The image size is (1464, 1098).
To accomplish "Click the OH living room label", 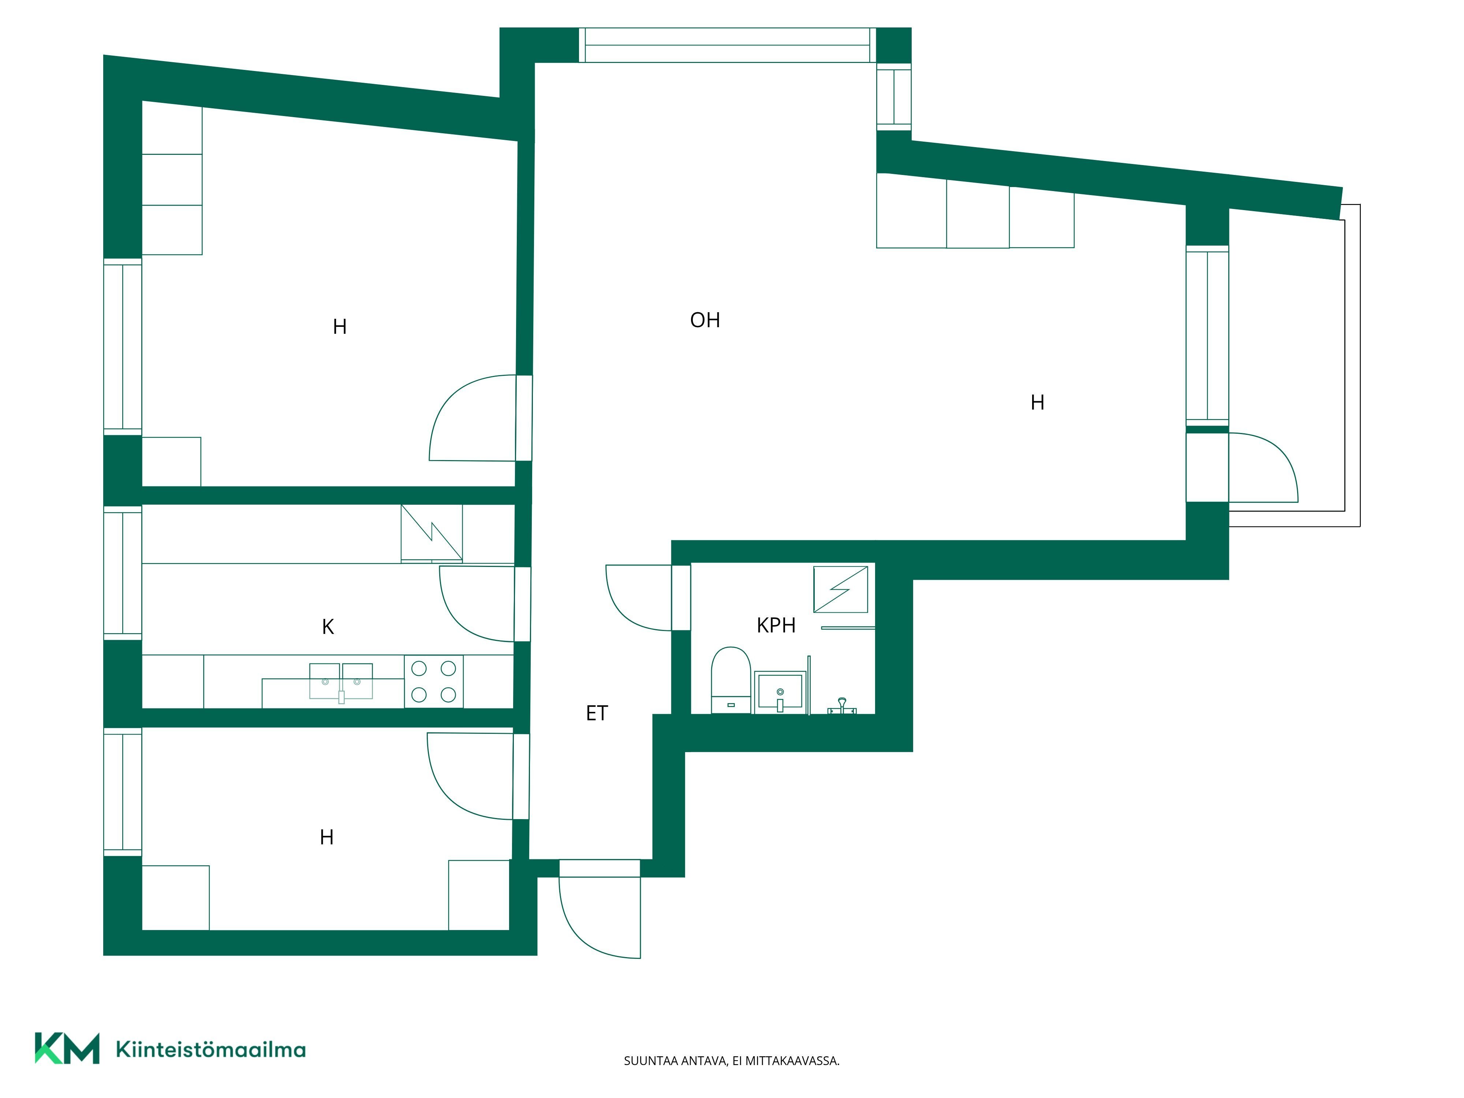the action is point(705,320).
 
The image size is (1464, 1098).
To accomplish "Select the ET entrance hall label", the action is point(597,713).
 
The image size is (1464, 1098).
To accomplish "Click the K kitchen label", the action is point(328,627).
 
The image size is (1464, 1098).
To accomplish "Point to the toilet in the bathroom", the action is point(731,680).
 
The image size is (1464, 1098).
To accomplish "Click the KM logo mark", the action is point(67,1048).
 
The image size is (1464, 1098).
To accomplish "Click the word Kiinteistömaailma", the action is point(210,1050).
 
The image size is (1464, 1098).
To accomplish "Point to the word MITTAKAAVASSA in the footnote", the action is point(793,1061).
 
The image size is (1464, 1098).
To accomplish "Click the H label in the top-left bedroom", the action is point(340,327).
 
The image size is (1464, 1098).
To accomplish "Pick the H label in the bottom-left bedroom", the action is point(326,837).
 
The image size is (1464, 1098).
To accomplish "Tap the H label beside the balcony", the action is point(1037,402).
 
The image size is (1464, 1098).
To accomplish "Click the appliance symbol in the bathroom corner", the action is point(841,589).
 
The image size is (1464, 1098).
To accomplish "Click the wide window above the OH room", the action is point(727,45).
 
